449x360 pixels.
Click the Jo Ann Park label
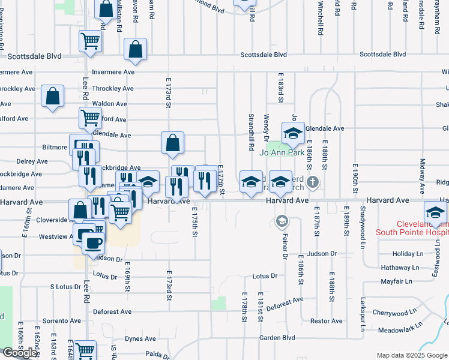(x=282, y=152)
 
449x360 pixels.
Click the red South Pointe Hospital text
(x=412, y=227)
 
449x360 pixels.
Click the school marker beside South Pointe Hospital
(x=435, y=212)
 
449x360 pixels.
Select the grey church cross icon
(x=312, y=181)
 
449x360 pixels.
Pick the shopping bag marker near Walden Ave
(x=53, y=96)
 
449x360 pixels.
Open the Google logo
(x=20, y=353)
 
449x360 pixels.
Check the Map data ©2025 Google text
(x=412, y=355)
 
